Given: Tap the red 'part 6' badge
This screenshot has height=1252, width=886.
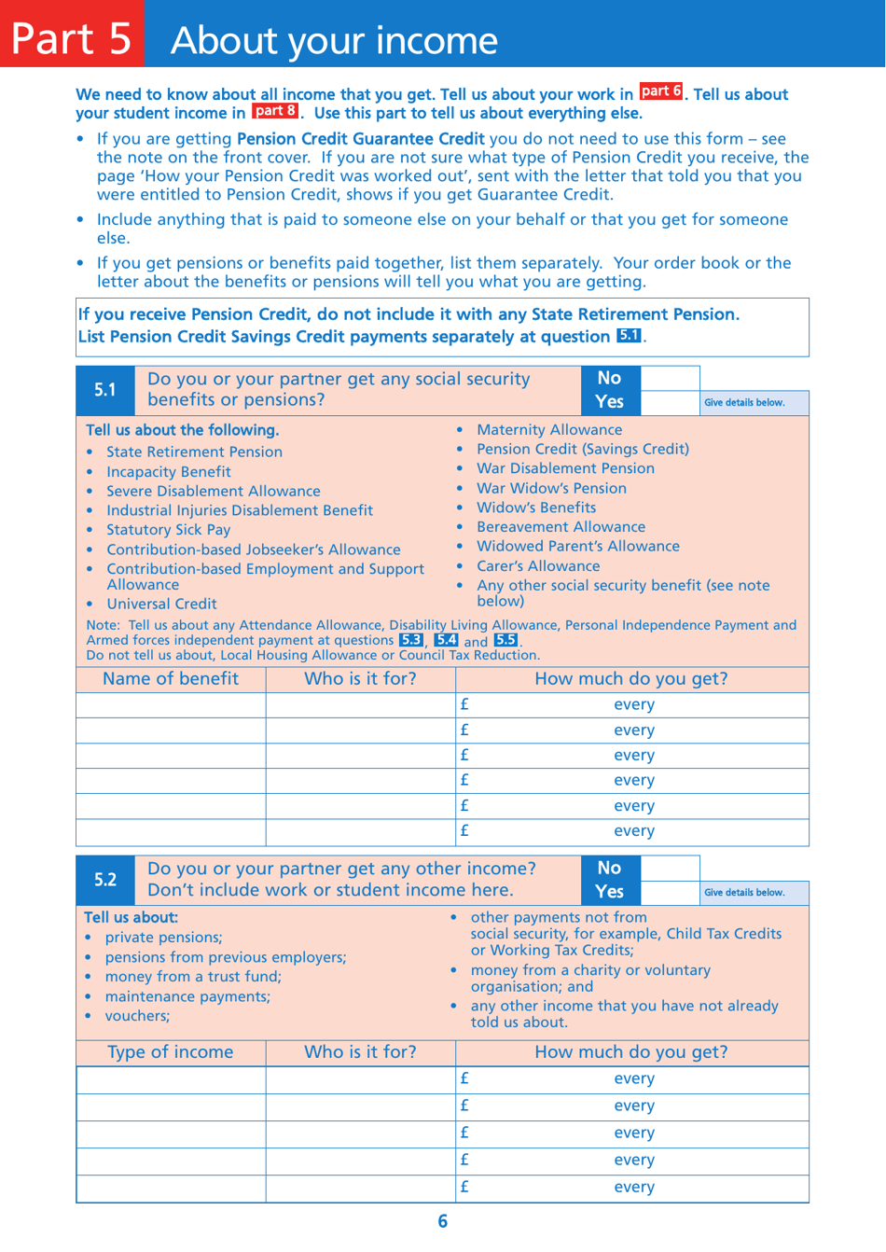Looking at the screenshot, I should (x=661, y=91).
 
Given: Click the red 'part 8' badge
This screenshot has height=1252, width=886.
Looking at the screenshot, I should (x=275, y=111).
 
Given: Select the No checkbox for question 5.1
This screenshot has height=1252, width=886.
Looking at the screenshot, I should (x=670, y=378).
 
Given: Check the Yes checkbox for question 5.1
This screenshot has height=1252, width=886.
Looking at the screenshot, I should (x=670, y=402).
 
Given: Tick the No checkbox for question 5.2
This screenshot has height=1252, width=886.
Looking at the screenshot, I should (x=670, y=868).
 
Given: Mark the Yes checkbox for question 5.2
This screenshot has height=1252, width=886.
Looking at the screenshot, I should (x=670, y=892).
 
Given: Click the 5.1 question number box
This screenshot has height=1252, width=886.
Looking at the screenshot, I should (x=105, y=390).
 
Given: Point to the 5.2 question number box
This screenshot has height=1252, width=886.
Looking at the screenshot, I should (x=105, y=880).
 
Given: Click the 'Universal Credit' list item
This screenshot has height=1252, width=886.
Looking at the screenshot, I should (x=161, y=604).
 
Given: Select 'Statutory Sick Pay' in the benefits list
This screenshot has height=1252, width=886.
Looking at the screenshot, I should (x=168, y=529).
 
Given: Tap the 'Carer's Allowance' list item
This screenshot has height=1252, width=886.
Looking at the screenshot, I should (x=538, y=565).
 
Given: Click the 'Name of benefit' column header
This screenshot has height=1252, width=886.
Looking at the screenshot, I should (x=171, y=679).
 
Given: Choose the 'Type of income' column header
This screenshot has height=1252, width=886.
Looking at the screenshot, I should (x=171, y=1052).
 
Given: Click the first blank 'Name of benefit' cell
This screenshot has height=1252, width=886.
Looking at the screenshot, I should (x=171, y=705).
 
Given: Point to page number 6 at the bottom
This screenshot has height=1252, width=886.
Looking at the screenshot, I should (x=442, y=1221).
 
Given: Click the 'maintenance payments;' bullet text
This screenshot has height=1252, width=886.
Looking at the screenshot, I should (x=187, y=996).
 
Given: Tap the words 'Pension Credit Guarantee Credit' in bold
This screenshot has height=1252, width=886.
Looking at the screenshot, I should (x=360, y=139).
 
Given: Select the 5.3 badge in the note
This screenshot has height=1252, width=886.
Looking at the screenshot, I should (x=410, y=640).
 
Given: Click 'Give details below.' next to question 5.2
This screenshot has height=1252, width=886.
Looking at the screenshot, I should (x=744, y=893).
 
